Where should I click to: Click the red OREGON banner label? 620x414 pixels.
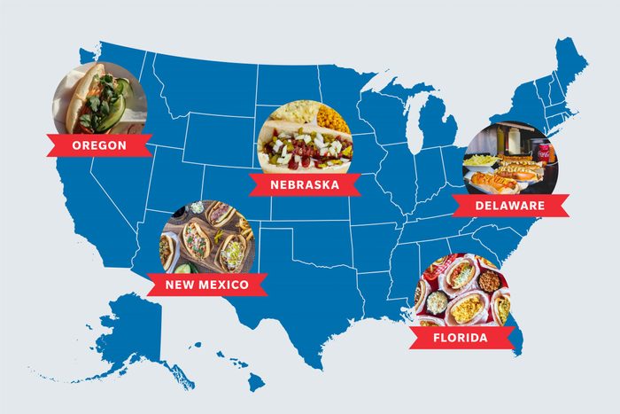click(98, 145)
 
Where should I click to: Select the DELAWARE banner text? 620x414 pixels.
click(510, 207)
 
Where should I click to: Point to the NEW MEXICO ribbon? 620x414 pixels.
click(207, 285)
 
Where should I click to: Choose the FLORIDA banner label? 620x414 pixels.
click(460, 338)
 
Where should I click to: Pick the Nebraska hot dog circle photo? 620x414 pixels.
click(304, 137)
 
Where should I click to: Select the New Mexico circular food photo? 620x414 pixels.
click(205, 238)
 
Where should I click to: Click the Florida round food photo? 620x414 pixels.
click(461, 293)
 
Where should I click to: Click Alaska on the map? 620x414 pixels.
click(133, 332)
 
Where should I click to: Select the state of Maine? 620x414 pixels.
click(570, 66)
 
